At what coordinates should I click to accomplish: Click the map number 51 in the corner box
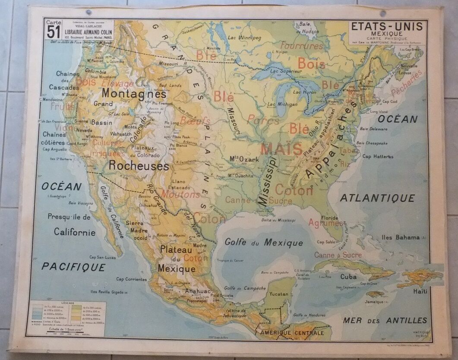point(54,32)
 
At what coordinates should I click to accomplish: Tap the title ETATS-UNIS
point(387,26)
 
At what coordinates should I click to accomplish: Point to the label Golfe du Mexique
point(264,242)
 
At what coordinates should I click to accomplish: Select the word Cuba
point(348,276)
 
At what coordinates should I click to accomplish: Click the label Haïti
point(420,291)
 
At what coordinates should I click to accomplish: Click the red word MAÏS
point(281,149)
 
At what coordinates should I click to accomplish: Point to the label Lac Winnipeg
point(244,38)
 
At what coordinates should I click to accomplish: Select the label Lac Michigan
point(282,104)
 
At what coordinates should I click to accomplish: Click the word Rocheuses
point(139,165)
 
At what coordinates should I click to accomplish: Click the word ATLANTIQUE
point(377,198)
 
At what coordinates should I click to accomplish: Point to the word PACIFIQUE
point(73,267)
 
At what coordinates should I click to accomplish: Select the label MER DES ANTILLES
point(385,320)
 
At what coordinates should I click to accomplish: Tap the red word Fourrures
point(302,45)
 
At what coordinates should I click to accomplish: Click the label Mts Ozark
point(244,159)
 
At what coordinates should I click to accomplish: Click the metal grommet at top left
point(88,12)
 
